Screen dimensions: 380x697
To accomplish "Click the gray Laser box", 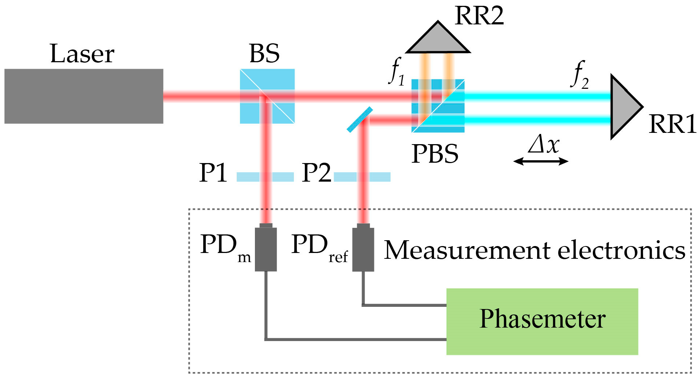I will pos(83,96).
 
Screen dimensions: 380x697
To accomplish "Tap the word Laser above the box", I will pos(82,54).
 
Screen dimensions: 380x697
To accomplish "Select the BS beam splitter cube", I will pos(267,96).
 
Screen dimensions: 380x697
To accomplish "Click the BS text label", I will pos(264,54).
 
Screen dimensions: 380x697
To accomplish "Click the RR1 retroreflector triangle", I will pos(623,107).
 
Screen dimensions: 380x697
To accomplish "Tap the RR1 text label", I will pos(672,124).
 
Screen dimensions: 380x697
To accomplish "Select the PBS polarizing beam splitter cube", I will pos(438,106).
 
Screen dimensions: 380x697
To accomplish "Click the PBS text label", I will pos(435,154).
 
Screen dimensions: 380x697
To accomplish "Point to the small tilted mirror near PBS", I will pos(359,119).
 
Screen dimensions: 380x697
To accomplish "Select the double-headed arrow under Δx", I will pos(540,161).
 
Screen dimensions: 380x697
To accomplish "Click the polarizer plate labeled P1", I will pos(265,177).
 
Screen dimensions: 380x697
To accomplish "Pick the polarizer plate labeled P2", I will pos(362,177).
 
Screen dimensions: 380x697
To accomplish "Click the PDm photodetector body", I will pos(265,249).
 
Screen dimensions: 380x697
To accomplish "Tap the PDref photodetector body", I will pos(363,249).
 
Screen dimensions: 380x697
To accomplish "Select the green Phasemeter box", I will pos(542,321).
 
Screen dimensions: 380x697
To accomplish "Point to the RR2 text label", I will pos(479,16).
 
